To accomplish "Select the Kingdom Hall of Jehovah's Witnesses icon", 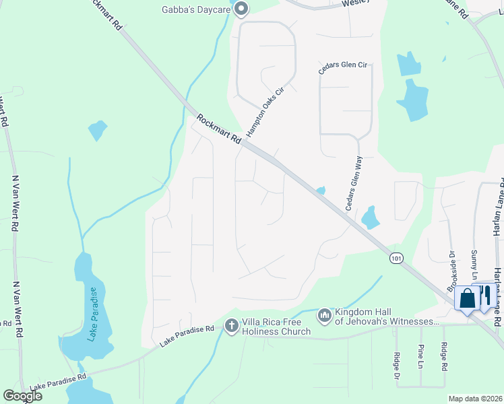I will pos(325,314).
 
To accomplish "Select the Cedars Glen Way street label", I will pos(354,183).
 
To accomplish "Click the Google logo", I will pos(22,395).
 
